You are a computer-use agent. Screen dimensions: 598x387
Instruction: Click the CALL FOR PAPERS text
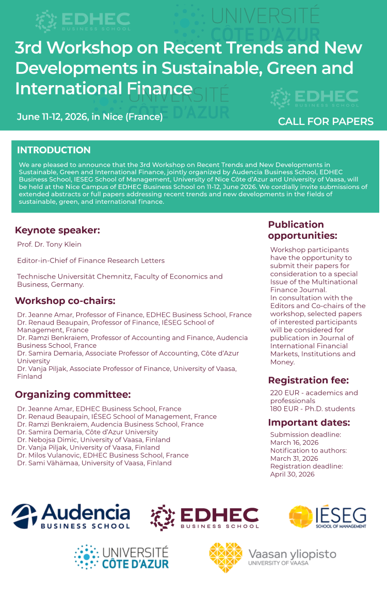click(x=326, y=122)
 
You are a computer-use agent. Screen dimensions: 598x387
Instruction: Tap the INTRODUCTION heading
click(x=54, y=150)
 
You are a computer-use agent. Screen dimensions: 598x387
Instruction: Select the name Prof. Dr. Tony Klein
click(x=49, y=245)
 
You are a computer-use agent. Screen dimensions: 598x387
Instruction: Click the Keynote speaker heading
click(x=57, y=230)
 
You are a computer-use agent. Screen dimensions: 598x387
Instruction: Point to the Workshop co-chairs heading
click(x=65, y=301)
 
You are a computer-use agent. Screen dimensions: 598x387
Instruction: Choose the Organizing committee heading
click(x=73, y=395)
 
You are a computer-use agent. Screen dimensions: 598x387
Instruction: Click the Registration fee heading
click(x=309, y=381)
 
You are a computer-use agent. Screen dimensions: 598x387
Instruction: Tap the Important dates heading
click(x=309, y=423)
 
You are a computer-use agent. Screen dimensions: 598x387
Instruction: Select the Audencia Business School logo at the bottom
click(x=71, y=516)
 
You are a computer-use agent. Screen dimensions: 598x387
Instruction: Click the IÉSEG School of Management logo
click(x=328, y=517)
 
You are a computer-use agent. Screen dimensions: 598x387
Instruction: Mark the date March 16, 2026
click(x=294, y=443)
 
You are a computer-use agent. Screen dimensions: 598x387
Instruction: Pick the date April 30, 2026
click(x=293, y=474)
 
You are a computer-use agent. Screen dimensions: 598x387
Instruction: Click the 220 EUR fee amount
click(x=283, y=393)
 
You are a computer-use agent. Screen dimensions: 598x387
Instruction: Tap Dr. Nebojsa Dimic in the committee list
click(x=50, y=440)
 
